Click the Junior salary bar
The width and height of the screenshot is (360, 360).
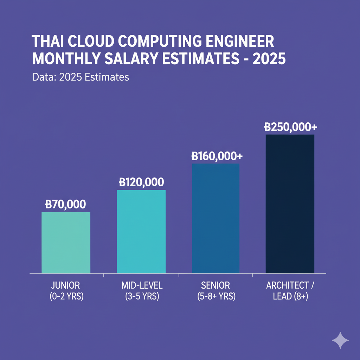[66, 243]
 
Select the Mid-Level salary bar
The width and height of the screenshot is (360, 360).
[141, 231]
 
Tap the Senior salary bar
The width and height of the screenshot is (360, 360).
[216, 218]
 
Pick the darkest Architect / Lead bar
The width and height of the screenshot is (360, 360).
[290, 204]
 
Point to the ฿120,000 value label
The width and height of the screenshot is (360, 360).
[141, 182]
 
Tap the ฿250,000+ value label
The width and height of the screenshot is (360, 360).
[290, 127]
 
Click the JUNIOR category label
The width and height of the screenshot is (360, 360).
[66, 285]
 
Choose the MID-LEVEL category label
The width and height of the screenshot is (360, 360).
[142, 285]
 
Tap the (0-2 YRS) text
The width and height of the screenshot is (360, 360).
[66, 296]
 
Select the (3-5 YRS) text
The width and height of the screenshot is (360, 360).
[142, 296]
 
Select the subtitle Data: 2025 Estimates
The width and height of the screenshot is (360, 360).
[81, 77]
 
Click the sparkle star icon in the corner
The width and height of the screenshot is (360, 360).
[340, 340]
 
